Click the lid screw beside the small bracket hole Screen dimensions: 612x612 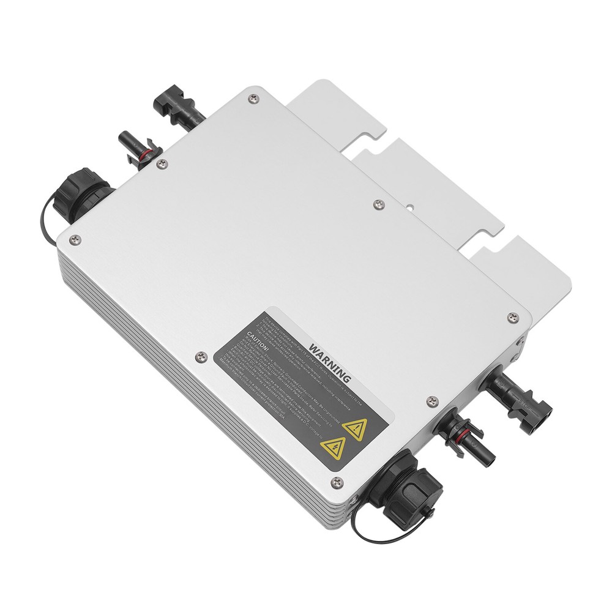pos(379,203)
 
